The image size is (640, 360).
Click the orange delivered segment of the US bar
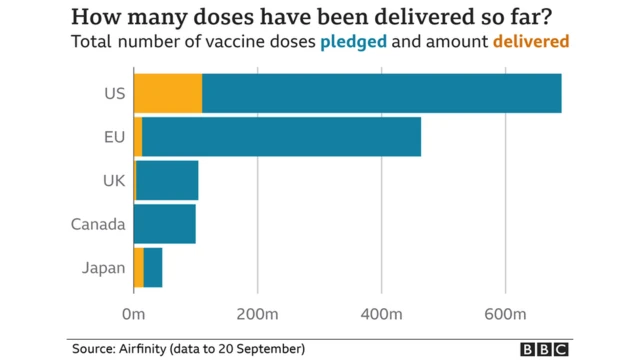point(167,93)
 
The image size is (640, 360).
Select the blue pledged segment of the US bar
point(381,93)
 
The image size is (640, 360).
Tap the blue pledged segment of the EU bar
point(281,137)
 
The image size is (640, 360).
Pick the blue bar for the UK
point(167,180)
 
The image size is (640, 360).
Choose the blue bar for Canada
point(164,223)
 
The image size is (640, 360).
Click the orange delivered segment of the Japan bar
point(139,267)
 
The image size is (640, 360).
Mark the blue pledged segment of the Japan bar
point(153,267)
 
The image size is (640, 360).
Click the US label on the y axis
point(113,94)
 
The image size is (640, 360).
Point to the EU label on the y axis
point(113,137)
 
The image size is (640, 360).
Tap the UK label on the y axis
point(113,181)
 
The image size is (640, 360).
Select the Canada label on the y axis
point(98,224)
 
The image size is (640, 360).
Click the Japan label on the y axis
point(103,268)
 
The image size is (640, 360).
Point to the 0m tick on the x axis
point(133,315)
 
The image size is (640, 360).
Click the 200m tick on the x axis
point(258,315)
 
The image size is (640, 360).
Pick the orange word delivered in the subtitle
point(531,42)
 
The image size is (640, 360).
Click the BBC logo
point(543,348)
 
